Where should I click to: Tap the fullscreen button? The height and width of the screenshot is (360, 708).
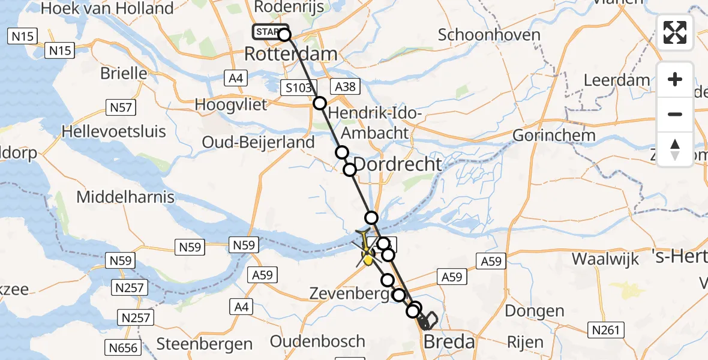(675, 32)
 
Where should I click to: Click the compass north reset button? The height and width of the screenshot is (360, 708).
(675, 149)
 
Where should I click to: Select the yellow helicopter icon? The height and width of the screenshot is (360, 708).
(367, 250)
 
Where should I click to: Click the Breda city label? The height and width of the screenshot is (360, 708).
(449, 343)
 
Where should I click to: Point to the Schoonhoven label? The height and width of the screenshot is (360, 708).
(489, 35)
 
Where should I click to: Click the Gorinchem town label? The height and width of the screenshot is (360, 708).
(554, 134)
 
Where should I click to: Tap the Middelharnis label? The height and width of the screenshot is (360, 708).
(125, 197)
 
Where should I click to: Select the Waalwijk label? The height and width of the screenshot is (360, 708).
(608, 259)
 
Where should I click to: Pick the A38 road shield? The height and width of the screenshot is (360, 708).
(345, 87)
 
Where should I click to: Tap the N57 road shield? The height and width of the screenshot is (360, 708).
(121, 107)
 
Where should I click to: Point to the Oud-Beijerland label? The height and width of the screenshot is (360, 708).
(258, 143)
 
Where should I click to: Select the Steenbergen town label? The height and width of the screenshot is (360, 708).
(204, 344)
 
